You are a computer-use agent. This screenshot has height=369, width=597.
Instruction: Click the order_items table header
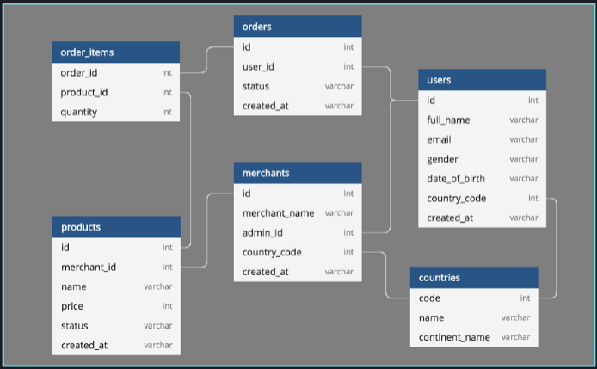pos(115,52)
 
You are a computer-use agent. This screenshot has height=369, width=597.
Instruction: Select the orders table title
pos(297,27)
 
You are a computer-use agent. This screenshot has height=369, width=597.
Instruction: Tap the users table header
pos(482,80)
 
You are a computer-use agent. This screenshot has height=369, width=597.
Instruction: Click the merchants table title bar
pos(297,173)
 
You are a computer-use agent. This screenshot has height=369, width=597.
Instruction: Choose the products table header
pos(116,227)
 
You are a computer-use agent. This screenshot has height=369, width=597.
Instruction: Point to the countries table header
pos(474,278)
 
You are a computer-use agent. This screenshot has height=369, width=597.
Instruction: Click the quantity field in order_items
pos(79,112)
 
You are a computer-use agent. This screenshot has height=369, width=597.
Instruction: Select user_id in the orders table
pos(258,66)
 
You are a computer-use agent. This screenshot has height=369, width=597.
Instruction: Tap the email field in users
pos(439,139)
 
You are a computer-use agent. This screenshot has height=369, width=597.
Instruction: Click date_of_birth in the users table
pos(455,179)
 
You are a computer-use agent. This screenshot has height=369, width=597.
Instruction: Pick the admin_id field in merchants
pos(262,232)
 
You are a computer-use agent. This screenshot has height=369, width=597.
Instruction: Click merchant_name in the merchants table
pos(278,212)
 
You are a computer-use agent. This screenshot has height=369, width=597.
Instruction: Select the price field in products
pos(72,306)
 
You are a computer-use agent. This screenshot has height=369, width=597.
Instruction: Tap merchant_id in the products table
pos(89,267)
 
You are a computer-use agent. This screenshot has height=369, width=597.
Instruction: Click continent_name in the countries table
pos(454,337)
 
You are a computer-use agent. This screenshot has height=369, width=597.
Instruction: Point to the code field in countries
pos(429,298)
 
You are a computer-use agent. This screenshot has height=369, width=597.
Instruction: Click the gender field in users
pos(442,159)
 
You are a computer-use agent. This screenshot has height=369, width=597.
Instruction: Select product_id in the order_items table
pos(83,92)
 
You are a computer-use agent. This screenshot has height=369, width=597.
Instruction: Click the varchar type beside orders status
pos(339,86)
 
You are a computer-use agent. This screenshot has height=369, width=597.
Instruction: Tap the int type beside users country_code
pos(533,199)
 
